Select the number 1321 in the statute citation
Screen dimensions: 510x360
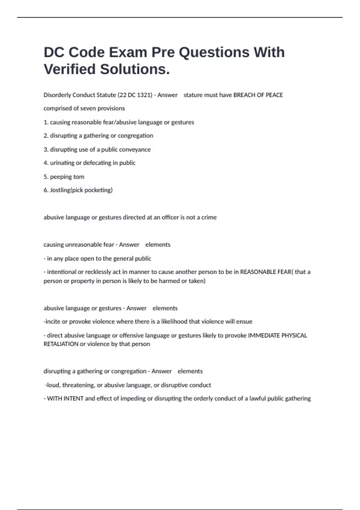[x=145, y=95]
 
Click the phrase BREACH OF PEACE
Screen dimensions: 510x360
[x=258, y=95]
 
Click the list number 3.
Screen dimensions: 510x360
[x=46, y=149]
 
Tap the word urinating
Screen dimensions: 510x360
[x=62, y=163]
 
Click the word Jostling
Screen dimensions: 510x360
[x=60, y=190]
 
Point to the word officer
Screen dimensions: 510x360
[x=170, y=217]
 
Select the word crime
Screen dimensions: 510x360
[x=209, y=217]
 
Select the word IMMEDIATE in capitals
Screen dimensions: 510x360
[x=264, y=335]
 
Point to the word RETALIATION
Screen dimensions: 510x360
[x=61, y=344]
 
